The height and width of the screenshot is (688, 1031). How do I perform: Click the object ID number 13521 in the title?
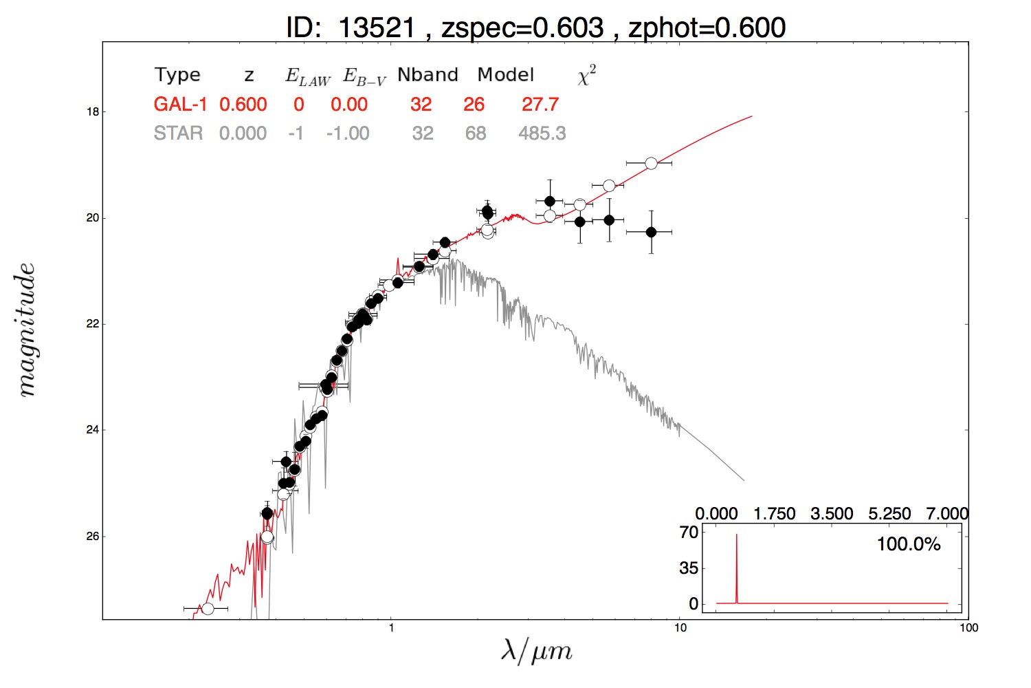point(377,28)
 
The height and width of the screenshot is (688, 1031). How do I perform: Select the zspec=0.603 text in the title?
point(522,28)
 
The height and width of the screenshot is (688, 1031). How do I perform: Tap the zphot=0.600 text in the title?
point(707,28)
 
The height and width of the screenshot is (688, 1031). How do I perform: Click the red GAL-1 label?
point(180,105)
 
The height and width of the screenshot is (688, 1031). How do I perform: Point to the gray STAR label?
point(178,133)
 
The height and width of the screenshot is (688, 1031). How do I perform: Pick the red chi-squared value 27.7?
point(540,105)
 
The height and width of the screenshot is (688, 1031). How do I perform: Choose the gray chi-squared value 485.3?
point(542,133)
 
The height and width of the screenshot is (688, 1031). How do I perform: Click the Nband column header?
point(428,75)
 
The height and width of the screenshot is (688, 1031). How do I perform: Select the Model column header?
point(505,75)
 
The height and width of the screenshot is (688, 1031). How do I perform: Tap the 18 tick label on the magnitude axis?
point(93,112)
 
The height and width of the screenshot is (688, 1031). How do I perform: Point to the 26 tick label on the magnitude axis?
point(93,537)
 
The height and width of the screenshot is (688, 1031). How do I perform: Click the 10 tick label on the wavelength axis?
point(680,627)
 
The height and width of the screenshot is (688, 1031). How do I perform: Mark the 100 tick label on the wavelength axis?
point(968,627)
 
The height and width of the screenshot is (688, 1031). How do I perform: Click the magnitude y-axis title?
point(27,330)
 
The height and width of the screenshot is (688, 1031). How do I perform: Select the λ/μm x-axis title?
point(537,651)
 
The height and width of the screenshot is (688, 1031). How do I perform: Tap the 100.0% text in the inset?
point(909,544)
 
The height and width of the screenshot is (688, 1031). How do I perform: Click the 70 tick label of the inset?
point(689,533)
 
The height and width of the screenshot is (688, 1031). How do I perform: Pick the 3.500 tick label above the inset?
point(832,513)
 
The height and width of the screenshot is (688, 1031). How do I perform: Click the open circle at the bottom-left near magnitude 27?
point(208,609)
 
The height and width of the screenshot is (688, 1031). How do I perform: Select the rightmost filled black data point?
point(651,232)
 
